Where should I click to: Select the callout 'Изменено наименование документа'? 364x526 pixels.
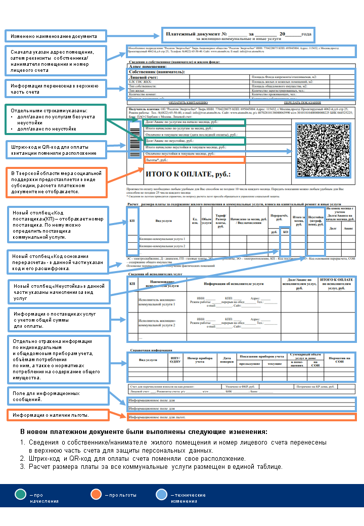[x=55, y=36]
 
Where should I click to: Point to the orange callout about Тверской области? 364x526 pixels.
[x=55, y=183]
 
